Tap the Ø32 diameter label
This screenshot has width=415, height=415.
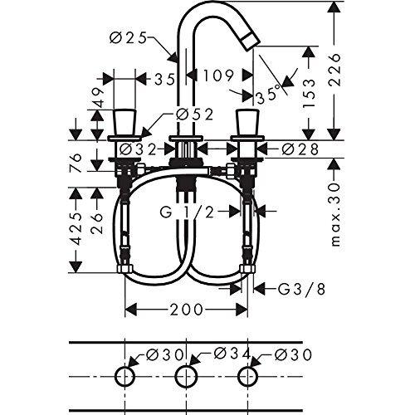[138, 149]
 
